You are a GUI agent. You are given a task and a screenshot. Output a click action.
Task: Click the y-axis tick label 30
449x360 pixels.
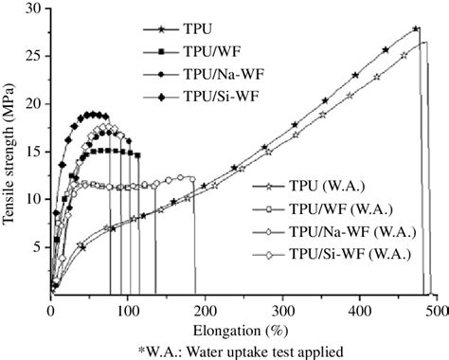pyautogui.click(x=34, y=9)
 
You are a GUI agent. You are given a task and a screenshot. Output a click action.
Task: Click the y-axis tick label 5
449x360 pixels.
pyautogui.click(x=37, y=247)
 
